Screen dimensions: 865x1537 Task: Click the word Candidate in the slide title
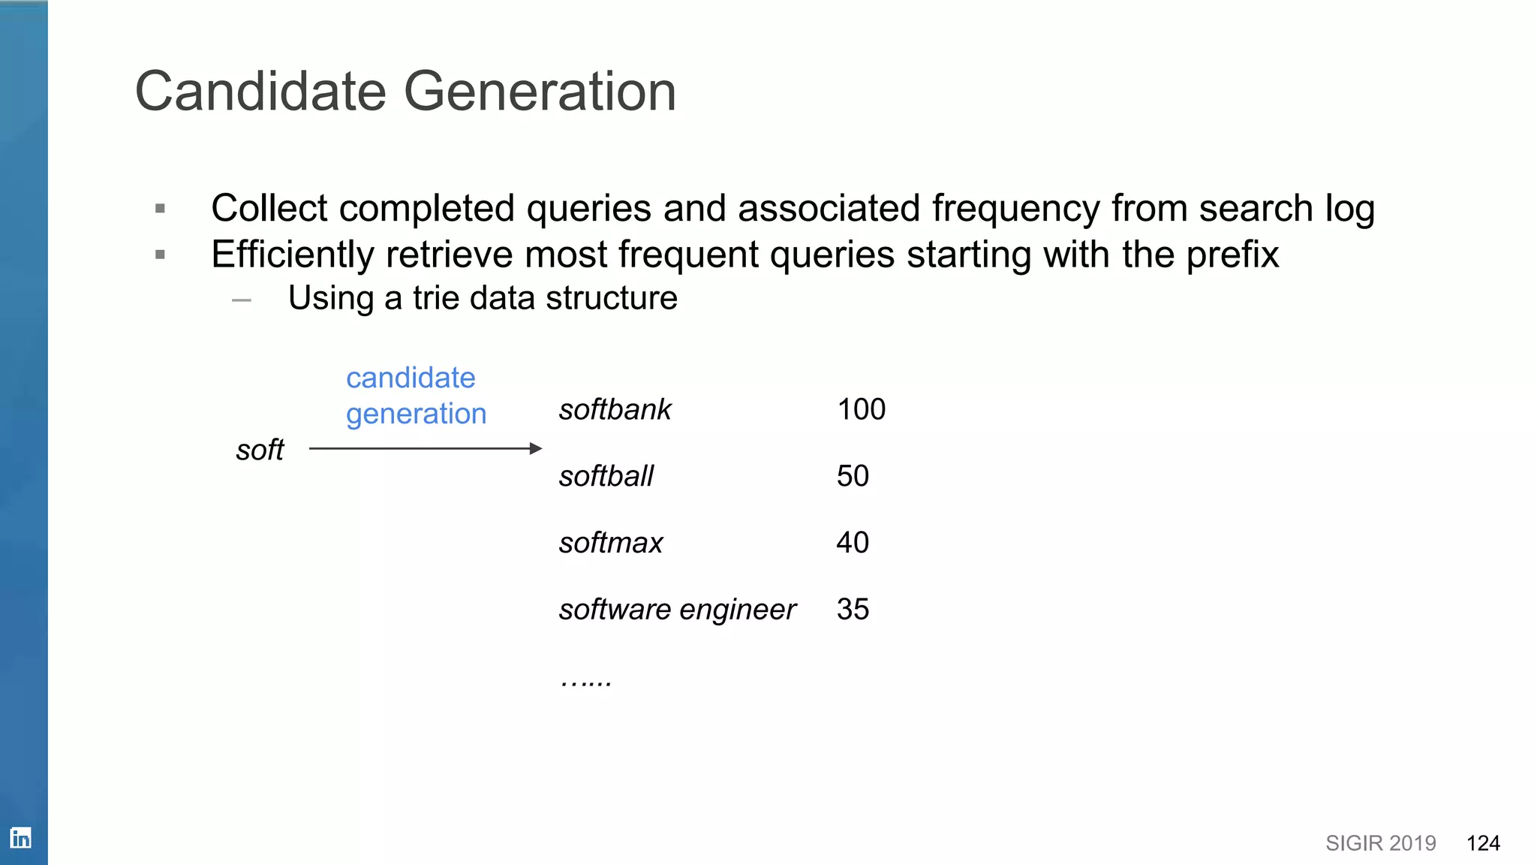(260, 92)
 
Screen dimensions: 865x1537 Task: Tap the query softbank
(615, 410)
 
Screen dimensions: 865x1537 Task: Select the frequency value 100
(861, 410)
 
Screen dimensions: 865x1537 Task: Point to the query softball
(606, 476)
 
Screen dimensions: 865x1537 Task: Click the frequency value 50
(853, 476)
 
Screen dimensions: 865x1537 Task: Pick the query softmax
(611, 543)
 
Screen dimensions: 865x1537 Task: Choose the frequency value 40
(853, 543)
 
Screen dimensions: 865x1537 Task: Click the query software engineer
(677, 610)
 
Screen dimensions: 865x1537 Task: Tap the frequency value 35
(853, 610)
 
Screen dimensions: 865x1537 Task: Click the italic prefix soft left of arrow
(260, 451)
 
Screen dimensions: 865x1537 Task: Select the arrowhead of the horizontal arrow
(536, 449)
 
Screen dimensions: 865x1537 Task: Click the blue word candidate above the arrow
(411, 378)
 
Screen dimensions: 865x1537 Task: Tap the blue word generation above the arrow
(416, 414)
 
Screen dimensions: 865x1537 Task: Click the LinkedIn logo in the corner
(21, 837)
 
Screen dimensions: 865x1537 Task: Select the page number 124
(1483, 843)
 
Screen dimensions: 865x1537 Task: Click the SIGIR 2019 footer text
(1380, 843)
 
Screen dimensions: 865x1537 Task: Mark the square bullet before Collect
(160, 209)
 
